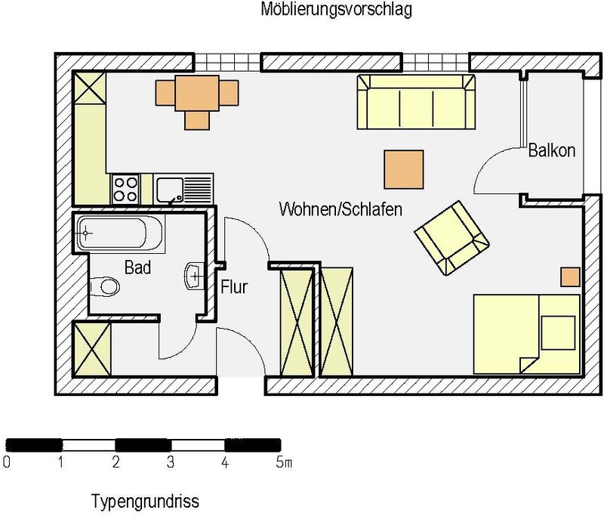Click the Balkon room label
pos(552,150)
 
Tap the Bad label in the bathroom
pos(137,267)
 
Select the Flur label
pos(234,287)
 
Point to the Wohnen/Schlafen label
pos(341,209)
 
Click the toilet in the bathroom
pos(104,287)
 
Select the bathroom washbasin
pos(195,276)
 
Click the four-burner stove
pos(125,189)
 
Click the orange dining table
pos(197,93)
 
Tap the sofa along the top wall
pos(416,102)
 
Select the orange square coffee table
pos(404,169)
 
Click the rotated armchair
pos(451,238)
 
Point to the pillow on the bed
pos(558,332)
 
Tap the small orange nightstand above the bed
pos(570,277)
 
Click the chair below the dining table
pos(197,120)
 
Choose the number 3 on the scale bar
pos(171,462)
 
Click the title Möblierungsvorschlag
pos(336,9)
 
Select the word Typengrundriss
pos(145,502)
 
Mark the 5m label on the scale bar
pos(284,462)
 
